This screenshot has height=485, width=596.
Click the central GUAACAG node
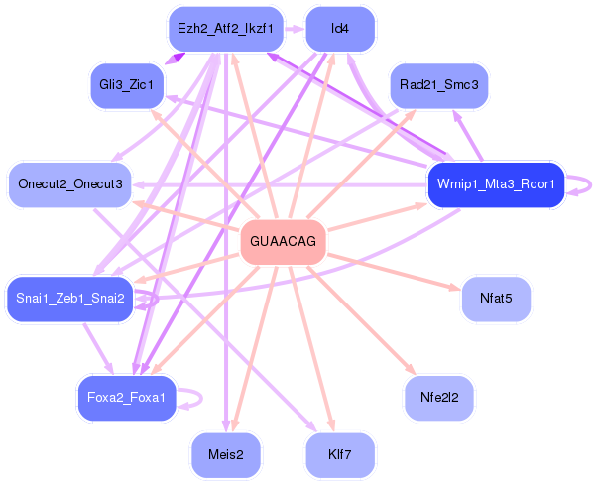point(284,242)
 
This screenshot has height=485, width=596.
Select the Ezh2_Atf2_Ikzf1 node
point(225,28)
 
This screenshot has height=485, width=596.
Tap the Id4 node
point(340,28)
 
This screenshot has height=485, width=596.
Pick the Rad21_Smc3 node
point(438,85)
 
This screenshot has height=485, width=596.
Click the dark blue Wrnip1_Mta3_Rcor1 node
point(496,184)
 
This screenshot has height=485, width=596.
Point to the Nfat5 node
point(496,299)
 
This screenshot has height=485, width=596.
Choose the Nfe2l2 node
point(438,398)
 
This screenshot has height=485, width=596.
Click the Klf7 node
point(340,455)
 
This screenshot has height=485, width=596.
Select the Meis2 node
point(225,455)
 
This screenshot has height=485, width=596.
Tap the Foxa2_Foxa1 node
point(127,398)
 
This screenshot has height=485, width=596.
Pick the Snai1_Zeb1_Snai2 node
point(69,299)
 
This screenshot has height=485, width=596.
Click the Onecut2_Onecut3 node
point(69,184)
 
